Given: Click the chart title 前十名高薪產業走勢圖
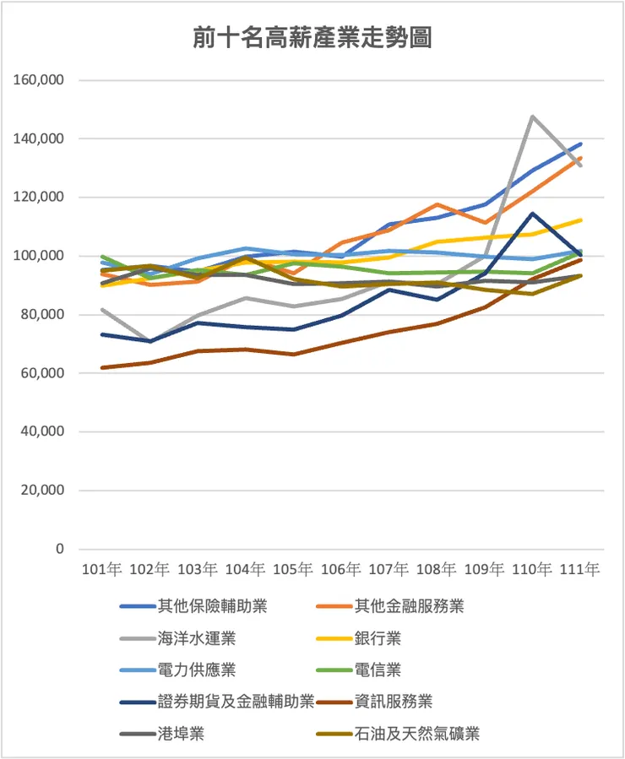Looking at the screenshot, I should click(312, 38).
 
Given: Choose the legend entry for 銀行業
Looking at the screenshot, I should click(377, 637).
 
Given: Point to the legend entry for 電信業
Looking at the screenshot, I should click(377, 670).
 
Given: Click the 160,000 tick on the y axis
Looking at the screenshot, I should click(41, 80).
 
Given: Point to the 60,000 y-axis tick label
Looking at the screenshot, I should click(44, 373).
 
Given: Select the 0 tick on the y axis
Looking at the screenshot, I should click(59, 549).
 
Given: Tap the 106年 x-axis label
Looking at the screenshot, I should click(341, 570).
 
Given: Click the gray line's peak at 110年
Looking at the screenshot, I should click(533, 117).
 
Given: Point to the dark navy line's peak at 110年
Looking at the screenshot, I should click(533, 214).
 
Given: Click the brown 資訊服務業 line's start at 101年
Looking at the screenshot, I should click(101, 367).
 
